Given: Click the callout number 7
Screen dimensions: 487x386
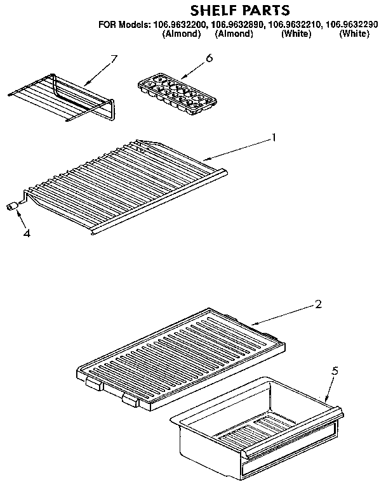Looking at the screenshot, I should (114, 60).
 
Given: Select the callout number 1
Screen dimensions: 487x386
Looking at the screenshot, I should (274, 136).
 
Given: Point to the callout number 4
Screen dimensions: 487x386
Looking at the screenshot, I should (26, 233).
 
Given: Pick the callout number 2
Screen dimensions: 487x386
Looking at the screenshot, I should (318, 304).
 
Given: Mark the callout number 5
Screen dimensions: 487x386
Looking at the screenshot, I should (336, 372).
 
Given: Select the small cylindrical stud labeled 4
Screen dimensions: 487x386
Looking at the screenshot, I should (12, 206).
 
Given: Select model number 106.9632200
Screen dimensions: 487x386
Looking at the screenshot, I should (180, 25).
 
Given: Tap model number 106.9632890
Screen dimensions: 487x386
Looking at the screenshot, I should (238, 25).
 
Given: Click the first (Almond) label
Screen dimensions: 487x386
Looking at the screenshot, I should (182, 34).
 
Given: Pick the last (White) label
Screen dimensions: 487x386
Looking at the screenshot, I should (354, 34).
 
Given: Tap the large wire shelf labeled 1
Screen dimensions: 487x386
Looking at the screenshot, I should (127, 184).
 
